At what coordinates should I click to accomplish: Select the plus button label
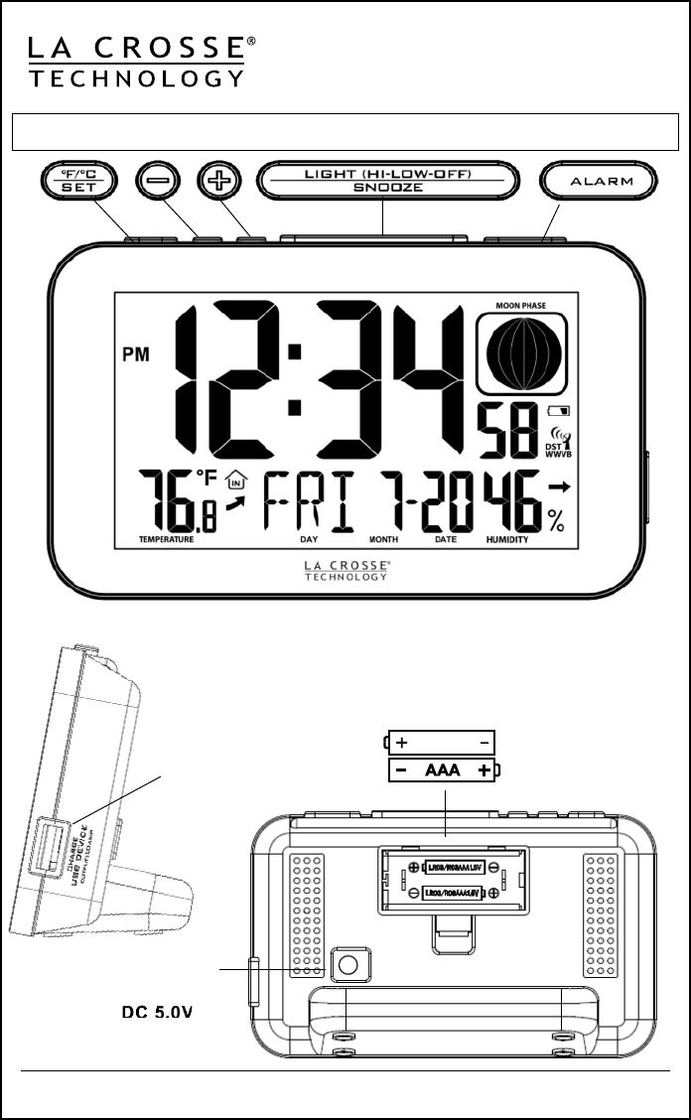tap(215, 183)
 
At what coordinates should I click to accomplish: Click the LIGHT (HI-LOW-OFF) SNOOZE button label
tap(386, 182)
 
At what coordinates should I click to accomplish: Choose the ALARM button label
tap(600, 183)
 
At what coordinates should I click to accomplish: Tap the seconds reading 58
tap(507, 429)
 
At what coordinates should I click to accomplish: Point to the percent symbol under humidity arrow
tap(556, 519)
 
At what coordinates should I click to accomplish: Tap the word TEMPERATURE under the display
tap(167, 541)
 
